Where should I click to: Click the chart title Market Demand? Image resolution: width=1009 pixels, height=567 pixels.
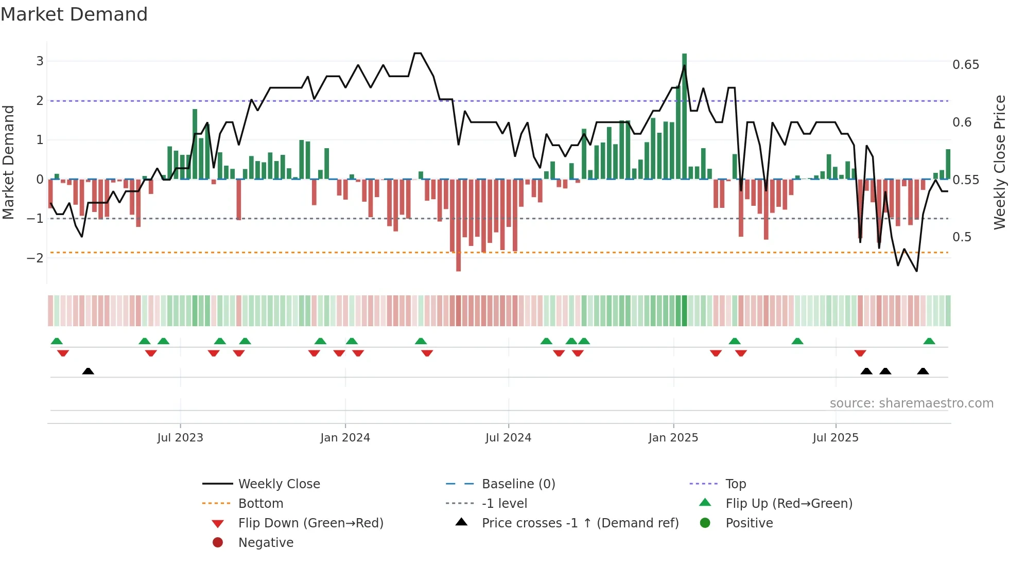tap(74, 14)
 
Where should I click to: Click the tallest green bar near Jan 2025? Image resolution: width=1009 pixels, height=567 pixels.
tap(684, 116)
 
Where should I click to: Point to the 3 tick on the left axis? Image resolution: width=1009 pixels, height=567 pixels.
tap(40, 61)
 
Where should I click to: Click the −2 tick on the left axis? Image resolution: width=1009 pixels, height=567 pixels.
tap(36, 258)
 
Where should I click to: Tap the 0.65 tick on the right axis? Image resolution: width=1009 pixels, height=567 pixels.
tap(965, 65)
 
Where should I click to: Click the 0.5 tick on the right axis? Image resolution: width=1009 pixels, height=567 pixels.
tap(962, 237)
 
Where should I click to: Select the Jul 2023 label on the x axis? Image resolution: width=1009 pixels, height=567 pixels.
tap(180, 438)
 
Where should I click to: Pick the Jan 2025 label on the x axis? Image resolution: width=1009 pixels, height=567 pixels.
tap(673, 438)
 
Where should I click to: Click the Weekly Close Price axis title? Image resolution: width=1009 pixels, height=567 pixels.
tap(999, 162)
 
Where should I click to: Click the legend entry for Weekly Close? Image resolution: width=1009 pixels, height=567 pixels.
tap(279, 484)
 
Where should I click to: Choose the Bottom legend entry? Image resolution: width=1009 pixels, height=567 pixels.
tap(260, 504)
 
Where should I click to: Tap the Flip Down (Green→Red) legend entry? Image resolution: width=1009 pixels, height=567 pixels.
tap(310, 523)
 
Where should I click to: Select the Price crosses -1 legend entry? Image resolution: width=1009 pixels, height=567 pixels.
tap(580, 523)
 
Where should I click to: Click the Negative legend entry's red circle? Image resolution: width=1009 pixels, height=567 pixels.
tap(218, 543)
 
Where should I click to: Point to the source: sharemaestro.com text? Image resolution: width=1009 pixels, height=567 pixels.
tap(911, 403)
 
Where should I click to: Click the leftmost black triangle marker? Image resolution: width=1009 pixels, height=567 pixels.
tap(88, 371)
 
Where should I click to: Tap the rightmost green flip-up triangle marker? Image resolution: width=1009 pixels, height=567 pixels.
tap(929, 341)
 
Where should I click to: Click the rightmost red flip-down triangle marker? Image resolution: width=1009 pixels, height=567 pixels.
tap(860, 353)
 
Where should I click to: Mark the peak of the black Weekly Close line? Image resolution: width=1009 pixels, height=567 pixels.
tap(417, 54)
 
